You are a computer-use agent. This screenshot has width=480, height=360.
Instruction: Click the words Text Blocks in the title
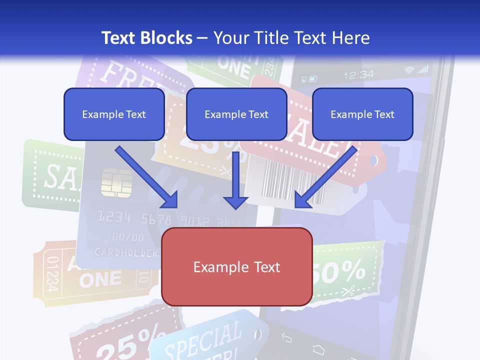point(146,38)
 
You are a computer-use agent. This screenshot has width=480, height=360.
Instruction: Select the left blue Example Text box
point(114,114)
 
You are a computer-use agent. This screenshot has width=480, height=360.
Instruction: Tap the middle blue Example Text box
point(236,114)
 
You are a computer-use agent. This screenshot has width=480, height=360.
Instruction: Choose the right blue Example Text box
point(362,114)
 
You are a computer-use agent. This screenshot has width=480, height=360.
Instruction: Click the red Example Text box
point(236,266)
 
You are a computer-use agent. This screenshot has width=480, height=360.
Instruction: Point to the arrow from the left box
point(146,177)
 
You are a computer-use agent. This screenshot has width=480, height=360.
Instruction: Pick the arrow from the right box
point(325,177)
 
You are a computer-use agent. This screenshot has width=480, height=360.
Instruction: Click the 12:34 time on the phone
point(358,75)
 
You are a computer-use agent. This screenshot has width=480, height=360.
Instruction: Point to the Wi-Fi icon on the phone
point(410,70)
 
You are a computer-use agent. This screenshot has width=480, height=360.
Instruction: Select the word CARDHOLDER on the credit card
point(126,252)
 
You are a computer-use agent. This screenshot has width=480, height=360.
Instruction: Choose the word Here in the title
point(352,38)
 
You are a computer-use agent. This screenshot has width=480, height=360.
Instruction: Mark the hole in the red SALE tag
point(374,161)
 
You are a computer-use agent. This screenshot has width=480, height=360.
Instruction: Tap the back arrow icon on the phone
point(286,338)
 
